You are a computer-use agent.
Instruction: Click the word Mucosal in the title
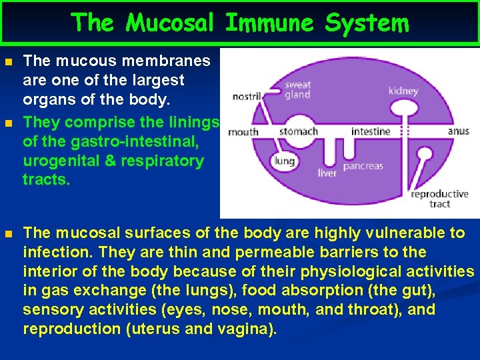[169, 23]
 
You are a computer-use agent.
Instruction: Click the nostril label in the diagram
[246, 97]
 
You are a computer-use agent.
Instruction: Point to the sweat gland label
[297, 90]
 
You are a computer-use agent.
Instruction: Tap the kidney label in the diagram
[403, 91]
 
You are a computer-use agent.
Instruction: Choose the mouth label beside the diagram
[243, 132]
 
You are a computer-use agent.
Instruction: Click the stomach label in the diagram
[297, 131]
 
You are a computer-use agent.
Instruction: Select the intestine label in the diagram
[371, 131]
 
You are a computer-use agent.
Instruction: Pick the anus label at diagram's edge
[458, 131]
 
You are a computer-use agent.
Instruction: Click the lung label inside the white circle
[284, 160]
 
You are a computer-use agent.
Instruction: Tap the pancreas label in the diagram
[363, 166]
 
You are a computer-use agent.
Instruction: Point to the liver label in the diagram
[327, 173]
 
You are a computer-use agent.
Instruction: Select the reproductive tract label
[439, 199]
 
